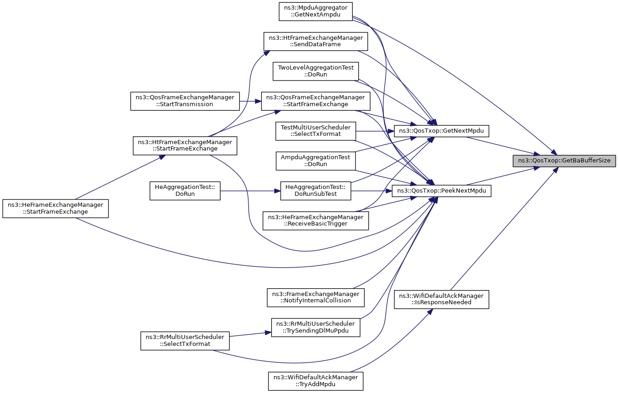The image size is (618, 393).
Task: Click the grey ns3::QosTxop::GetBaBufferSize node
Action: [x=564, y=161]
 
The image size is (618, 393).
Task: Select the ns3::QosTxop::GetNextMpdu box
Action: [x=442, y=131]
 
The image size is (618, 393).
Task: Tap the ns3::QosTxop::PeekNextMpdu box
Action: [x=442, y=191]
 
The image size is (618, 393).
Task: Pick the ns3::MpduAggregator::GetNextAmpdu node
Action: [x=316, y=11]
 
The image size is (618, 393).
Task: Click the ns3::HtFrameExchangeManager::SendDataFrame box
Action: [x=316, y=41]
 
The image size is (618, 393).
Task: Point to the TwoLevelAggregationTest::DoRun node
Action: [x=316, y=71]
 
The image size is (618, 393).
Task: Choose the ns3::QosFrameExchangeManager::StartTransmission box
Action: [x=185, y=101]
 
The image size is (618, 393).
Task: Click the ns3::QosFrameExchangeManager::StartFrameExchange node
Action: [x=316, y=101]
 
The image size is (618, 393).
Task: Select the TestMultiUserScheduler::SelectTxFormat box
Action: [x=316, y=131]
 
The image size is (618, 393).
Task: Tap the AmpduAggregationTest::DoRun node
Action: [x=316, y=161]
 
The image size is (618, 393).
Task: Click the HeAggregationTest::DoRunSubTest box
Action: [x=316, y=191]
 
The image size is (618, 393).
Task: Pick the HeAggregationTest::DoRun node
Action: [x=185, y=191]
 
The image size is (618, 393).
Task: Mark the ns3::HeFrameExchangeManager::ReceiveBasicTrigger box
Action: [x=316, y=221]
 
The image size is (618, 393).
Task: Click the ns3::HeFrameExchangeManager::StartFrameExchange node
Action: [x=55, y=209]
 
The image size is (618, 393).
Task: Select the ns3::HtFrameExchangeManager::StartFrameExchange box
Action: [x=185, y=145]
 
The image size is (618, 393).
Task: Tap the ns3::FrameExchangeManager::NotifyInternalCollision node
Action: [x=316, y=298]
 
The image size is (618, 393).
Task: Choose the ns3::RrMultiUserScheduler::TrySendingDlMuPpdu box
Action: [x=316, y=328]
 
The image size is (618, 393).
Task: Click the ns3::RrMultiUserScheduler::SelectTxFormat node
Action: [x=185, y=341]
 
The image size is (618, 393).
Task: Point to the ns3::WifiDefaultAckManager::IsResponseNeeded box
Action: [x=442, y=299]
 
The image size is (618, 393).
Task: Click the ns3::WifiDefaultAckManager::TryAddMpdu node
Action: [x=316, y=381]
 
